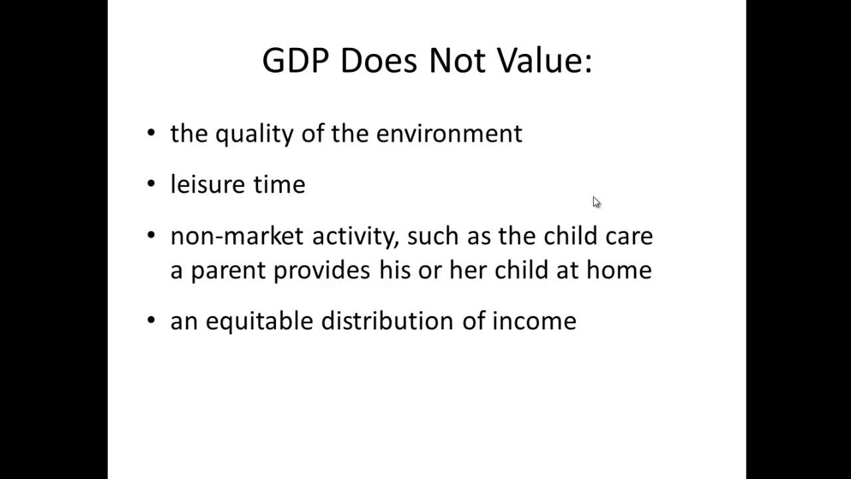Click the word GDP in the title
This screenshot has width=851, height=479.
point(296,61)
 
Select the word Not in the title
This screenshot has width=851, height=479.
point(453,61)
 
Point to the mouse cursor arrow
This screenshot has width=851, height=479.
point(596,202)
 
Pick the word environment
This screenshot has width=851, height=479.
point(449,133)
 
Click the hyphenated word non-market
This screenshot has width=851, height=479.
point(237,236)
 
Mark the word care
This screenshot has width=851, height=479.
point(629,236)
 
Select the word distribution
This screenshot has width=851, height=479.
point(387,321)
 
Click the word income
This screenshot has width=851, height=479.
point(534,321)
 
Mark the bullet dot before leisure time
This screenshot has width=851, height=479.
point(152,184)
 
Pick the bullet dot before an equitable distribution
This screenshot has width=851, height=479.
point(152,321)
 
